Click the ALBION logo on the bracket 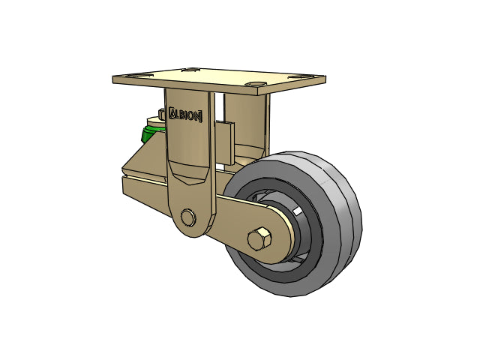click(x=185, y=115)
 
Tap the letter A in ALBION click(x=173, y=113)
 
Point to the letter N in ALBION click(x=198, y=116)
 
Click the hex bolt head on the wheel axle click(x=259, y=238)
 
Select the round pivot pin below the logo click(x=187, y=217)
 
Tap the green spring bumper click(x=151, y=133)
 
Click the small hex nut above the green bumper click(x=162, y=113)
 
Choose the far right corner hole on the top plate click(x=300, y=76)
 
